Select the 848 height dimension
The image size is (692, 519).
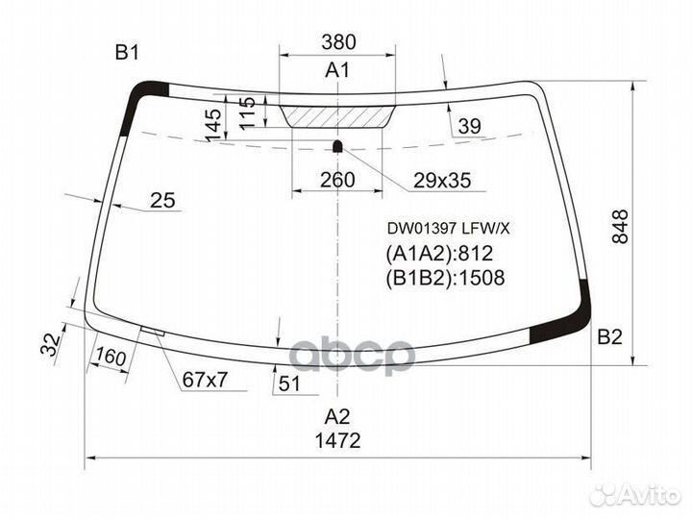coord(620,227)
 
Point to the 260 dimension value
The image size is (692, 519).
coord(337,179)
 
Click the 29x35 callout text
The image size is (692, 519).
coord(442,180)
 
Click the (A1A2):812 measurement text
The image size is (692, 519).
coord(439,254)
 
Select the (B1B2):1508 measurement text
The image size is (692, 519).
coord(445,279)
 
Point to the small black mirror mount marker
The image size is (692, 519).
coord(338,146)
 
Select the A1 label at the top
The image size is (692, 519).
coord(337,70)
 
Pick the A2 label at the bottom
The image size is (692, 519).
coord(336,416)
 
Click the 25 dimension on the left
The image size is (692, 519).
coord(163,200)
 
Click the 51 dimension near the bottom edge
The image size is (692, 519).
coord(287,383)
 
